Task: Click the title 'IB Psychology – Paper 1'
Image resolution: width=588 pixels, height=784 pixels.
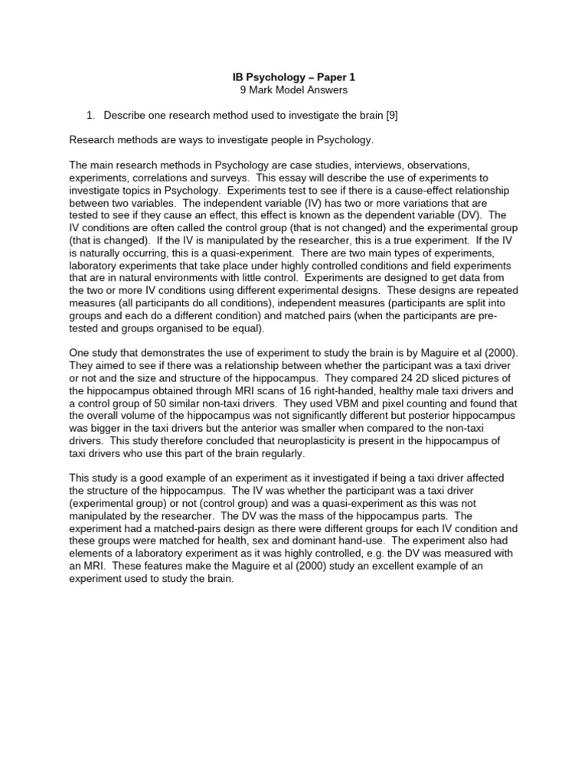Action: (x=294, y=77)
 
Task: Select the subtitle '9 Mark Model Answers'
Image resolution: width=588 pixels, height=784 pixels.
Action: (x=294, y=90)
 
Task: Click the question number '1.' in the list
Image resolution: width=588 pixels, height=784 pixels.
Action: (x=90, y=115)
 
